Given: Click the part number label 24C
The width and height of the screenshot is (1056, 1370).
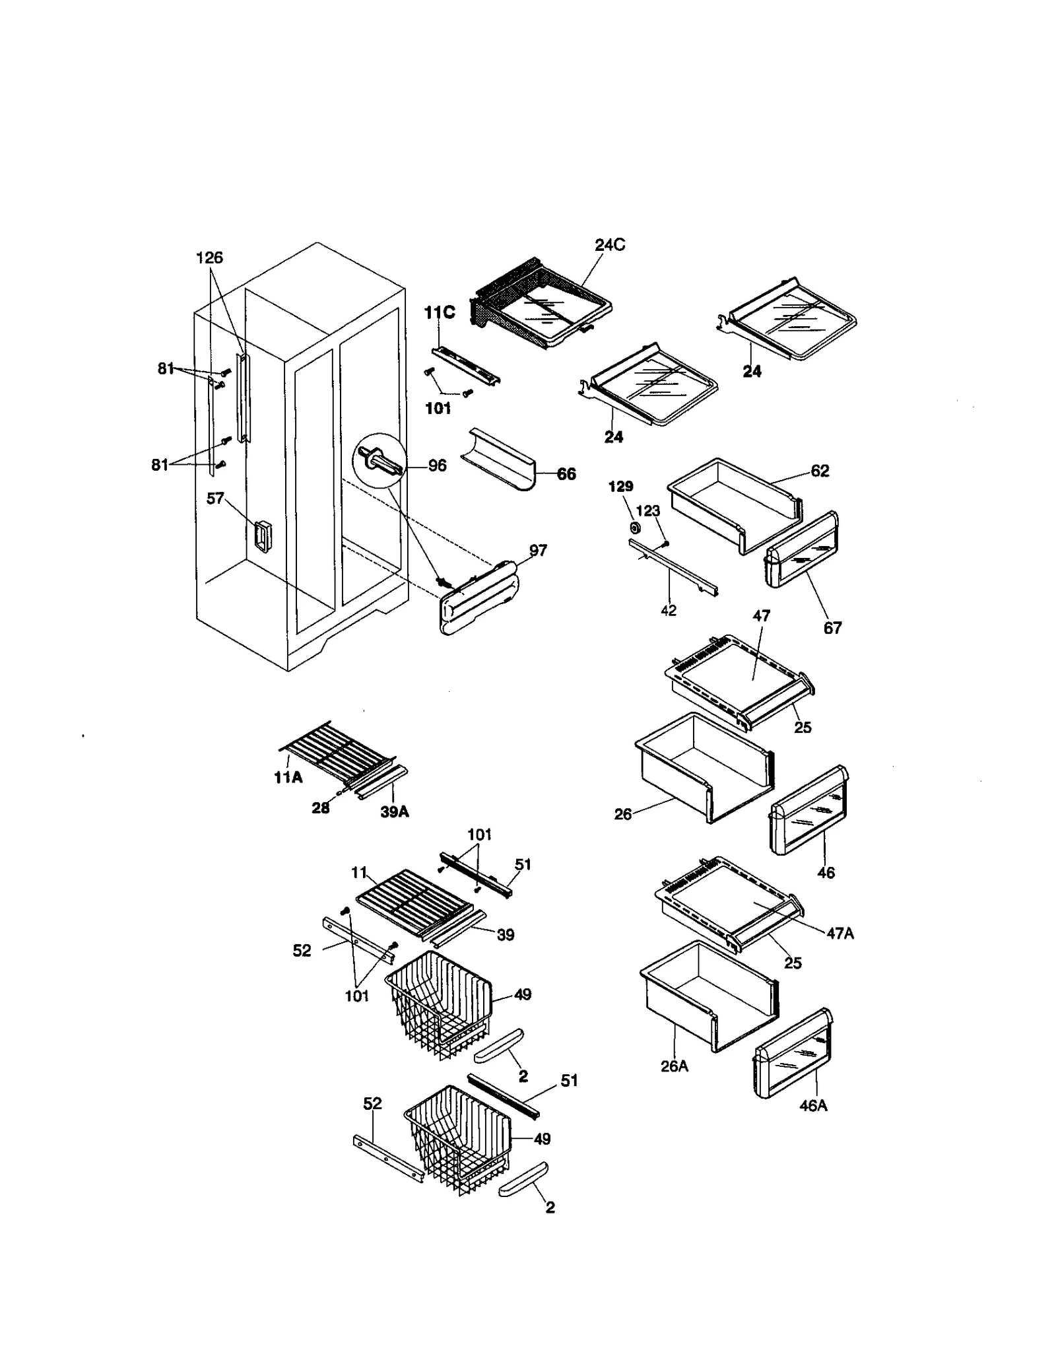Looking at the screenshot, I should (x=609, y=245).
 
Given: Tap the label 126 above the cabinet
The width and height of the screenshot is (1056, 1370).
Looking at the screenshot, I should (x=209, y=257).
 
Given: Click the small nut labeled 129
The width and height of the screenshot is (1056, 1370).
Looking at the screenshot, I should (x=636, y=528).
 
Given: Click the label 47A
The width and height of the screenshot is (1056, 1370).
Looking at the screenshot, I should (x=840, y=933).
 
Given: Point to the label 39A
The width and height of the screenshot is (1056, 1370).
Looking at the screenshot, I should (x=394, y=812).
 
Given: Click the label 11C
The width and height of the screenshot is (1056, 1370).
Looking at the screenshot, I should (x=439, y=312).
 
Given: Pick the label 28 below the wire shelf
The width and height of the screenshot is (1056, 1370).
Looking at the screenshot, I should (x=320, y=807).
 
